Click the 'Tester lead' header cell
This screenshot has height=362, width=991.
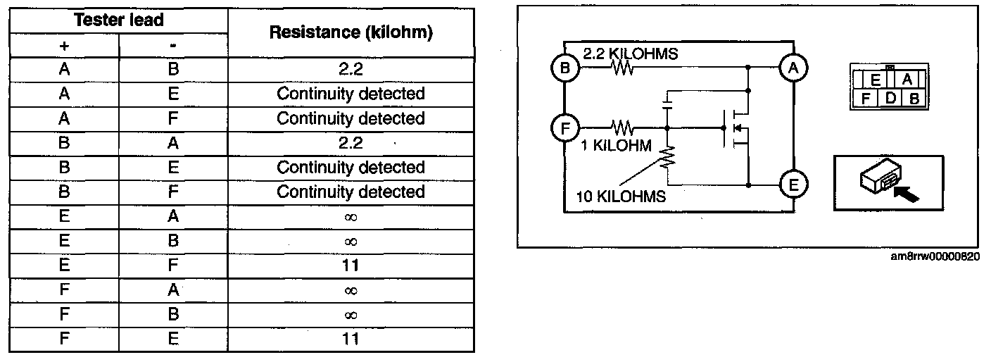(x=119, y=20)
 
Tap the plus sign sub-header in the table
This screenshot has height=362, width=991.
(x=64, y=45)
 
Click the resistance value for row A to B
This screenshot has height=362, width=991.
(x=351, y=69)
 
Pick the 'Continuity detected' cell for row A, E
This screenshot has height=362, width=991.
(x=351, y=94)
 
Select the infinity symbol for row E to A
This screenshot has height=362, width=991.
(x=351, y=217)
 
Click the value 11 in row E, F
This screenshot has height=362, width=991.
(x=351, y=266)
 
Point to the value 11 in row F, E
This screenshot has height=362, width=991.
(x=351, y=339)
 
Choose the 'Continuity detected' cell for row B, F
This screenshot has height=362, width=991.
(x=351, y=192)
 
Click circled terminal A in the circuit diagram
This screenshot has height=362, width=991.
(x=793, y=68)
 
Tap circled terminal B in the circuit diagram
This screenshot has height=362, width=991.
(x=565, y=69)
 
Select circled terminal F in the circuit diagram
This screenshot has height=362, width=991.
(x=565, y=128)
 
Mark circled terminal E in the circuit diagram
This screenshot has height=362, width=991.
(x=793, y=186)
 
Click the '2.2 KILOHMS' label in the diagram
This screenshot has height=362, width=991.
(x=631, y=54)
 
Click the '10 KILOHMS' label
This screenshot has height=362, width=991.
(x=621, y=197)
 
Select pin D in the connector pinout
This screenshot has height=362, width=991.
(x=890, y=98)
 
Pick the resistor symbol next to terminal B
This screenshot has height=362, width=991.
(x=622, y=69)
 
